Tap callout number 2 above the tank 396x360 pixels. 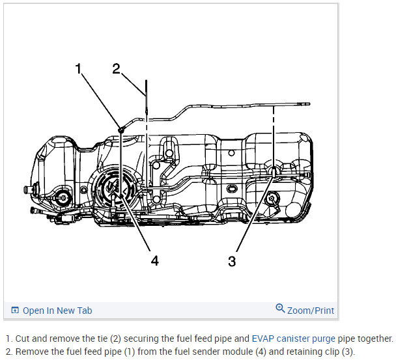(117, 68)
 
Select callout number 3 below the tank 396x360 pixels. (231, 261)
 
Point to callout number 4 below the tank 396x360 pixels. (154, 260)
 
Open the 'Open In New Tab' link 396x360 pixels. (57, 311)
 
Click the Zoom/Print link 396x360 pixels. (310, 311)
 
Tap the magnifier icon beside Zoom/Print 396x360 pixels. (280, 309)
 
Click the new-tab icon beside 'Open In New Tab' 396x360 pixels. (15, 311)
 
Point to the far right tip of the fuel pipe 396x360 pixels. (309, 104)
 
